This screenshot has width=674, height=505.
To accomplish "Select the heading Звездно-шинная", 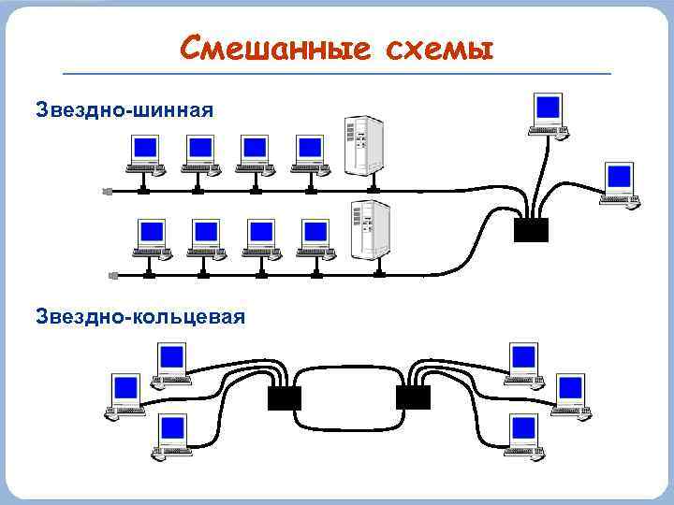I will tap(125, 110).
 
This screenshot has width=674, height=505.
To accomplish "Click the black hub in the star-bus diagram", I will tap(532, 229).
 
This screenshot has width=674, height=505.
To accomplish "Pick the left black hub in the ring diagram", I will tap(284, 397).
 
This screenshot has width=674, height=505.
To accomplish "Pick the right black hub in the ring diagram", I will tap(413, 397).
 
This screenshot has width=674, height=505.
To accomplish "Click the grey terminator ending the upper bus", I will tap(107, 191).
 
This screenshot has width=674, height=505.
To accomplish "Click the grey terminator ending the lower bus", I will tap(113, 275).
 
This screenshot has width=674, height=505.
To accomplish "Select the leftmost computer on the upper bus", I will tap(144, 154).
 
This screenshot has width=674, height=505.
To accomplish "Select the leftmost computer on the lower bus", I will tap(151, 238).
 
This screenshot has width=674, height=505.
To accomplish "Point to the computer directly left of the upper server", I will tap(308, 154).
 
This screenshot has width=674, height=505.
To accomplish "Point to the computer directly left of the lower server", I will tap(315, 238).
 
